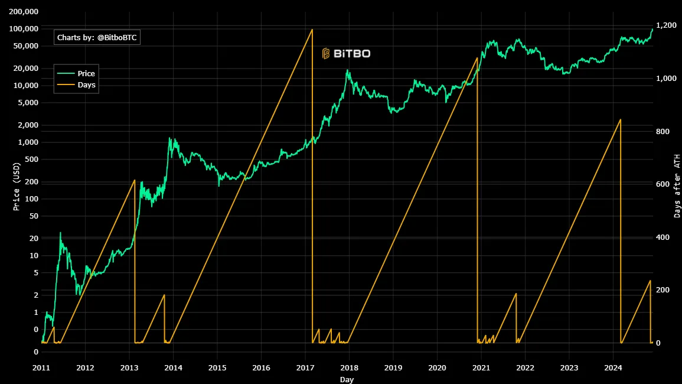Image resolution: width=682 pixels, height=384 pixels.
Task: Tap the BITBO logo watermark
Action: [346, 54]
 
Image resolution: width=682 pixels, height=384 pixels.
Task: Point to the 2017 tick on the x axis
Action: [305, 367]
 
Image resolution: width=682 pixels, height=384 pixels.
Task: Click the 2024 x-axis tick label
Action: [614, 367]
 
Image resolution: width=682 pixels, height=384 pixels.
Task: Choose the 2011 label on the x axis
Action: [41, 367]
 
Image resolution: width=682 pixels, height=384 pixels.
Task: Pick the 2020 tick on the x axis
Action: [438, 367]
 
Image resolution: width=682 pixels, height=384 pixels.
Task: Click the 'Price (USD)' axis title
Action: [17, 187]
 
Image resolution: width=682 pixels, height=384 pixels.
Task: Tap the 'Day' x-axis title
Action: [347, 379]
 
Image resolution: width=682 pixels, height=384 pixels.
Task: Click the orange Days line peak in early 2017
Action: [312, 30]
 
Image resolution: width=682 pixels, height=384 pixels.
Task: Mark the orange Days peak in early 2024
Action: [620, 120]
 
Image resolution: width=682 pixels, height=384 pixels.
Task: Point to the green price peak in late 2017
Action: [348, 70]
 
